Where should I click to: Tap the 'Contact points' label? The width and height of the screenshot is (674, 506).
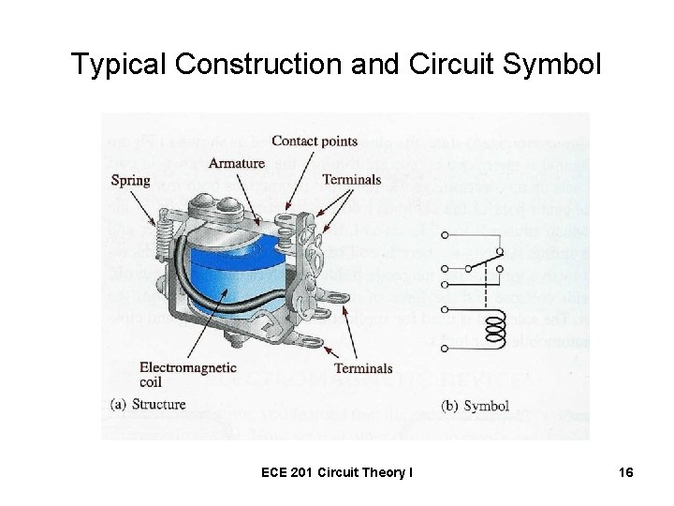click(x=315, y=141)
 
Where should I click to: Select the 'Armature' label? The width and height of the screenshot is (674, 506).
click(x=236, y=163)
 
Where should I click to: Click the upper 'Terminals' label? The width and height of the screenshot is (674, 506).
click(x=351, y=179)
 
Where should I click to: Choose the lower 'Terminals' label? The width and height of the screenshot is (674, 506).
click(x=363, y=369)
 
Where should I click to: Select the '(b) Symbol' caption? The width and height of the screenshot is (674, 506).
click(x=475, y=406)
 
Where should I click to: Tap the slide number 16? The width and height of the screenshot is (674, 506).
click(x=626, y=473)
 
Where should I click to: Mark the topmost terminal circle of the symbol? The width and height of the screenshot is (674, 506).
click(x=443, y=233)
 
